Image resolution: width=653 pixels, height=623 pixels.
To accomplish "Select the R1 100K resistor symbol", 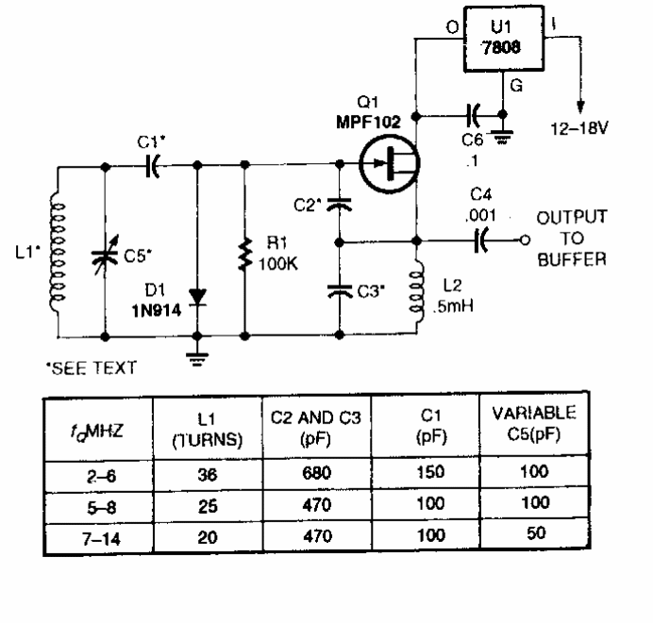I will pyautogui.click(x=245, y=254).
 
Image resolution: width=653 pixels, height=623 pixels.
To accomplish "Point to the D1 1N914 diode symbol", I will pyautogui.click(x=197, y=296).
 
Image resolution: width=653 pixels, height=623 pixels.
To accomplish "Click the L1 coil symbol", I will pyautogui.click(x=59, y=252).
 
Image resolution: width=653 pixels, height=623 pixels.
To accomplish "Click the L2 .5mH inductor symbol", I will pyautogui.click(x=416, y=292).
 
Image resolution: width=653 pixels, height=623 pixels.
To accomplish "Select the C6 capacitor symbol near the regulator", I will pyautogui.click(x=475, y=116).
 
